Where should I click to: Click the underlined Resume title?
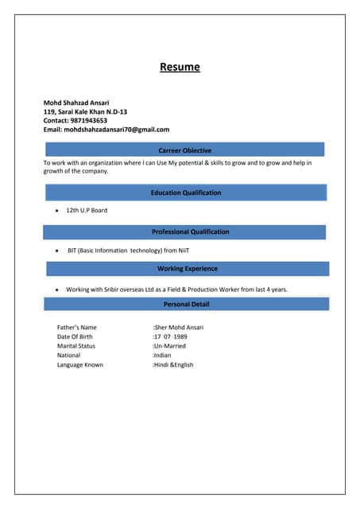pos(180,68)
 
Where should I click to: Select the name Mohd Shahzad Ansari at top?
pos(76,103)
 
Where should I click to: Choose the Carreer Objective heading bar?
pos(185,150)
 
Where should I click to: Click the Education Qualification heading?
pos(186,192)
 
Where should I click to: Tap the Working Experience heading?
pos(188,269)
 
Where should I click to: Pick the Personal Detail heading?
pos(186,304)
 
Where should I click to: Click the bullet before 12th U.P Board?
pos(57,211)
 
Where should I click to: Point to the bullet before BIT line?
pos(57,251)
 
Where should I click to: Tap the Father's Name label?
pos(76,327)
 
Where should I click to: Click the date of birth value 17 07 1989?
pos(171,336)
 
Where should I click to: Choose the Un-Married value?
pos(170,346)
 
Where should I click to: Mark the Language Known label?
pos(79,365)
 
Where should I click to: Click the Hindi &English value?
pos(174,365)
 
